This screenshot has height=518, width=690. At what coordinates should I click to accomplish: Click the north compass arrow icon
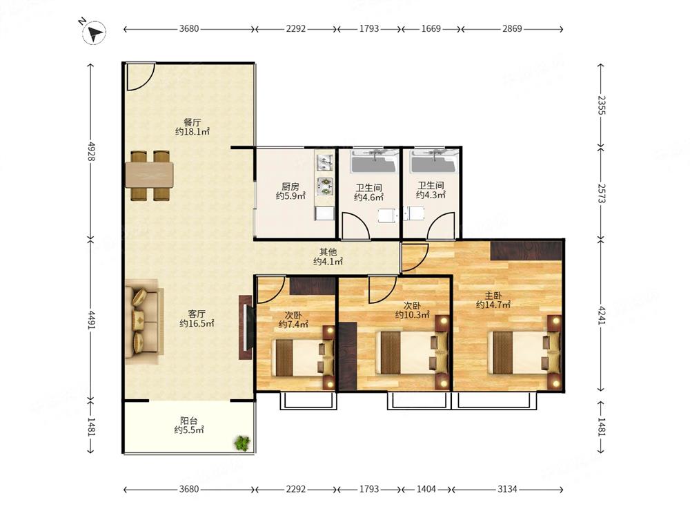coord(94,32)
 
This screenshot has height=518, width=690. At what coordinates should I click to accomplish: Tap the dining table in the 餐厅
coord(149,175)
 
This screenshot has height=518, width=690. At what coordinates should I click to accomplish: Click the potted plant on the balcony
coord(241,442)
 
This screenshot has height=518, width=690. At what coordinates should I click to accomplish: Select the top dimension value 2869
coord(512,28)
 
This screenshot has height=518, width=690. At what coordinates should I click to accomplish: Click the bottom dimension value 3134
coord(507,489)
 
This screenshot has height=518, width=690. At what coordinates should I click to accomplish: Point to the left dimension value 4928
coord(92,151)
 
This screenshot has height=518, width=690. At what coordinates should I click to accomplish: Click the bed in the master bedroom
coord(524,352)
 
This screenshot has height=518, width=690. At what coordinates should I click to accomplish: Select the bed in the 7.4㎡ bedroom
coord(305,357)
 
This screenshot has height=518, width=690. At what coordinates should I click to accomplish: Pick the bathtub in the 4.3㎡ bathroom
coord(434,161)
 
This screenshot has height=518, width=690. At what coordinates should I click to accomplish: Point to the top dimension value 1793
coord(368,28)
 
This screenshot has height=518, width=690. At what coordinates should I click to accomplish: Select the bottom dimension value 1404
coord(426,489)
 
